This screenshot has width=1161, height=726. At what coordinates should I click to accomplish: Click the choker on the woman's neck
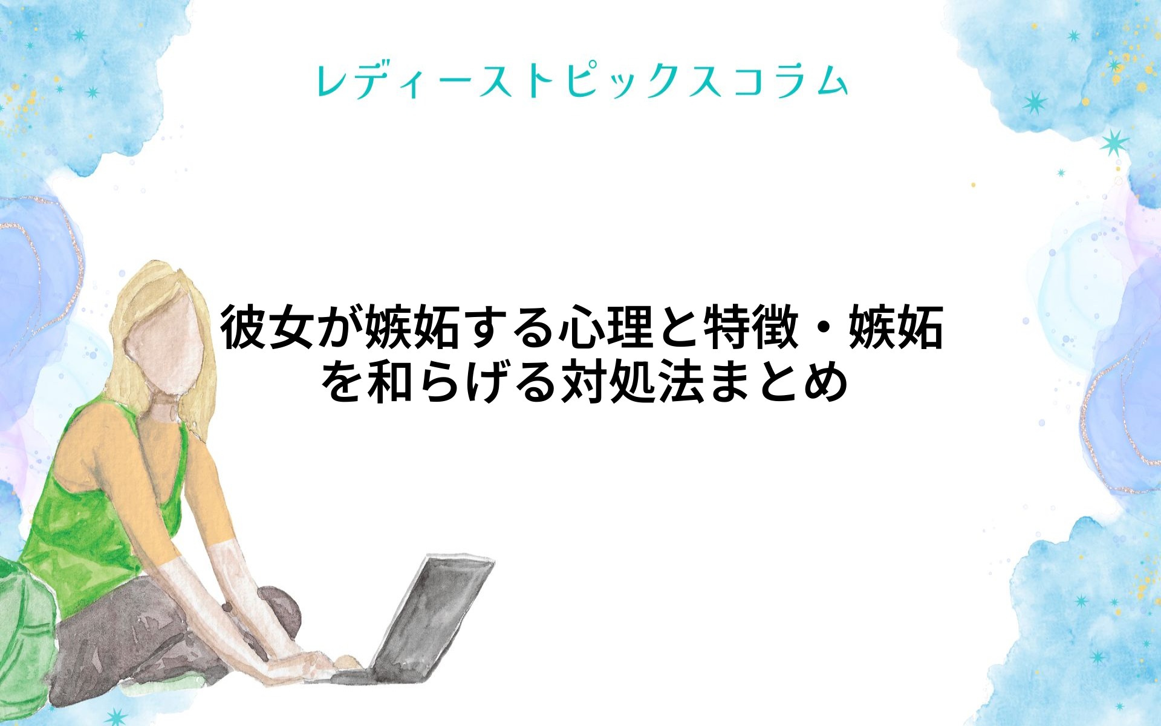[163, 411]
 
